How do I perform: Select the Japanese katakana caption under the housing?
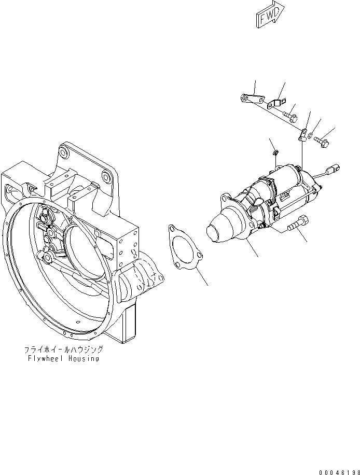click(x=63, y=350)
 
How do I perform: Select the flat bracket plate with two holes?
click(x=253, y=99)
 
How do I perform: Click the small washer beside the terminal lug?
click(x=310, y=137)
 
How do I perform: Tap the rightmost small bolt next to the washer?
click(x=321, y=140)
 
